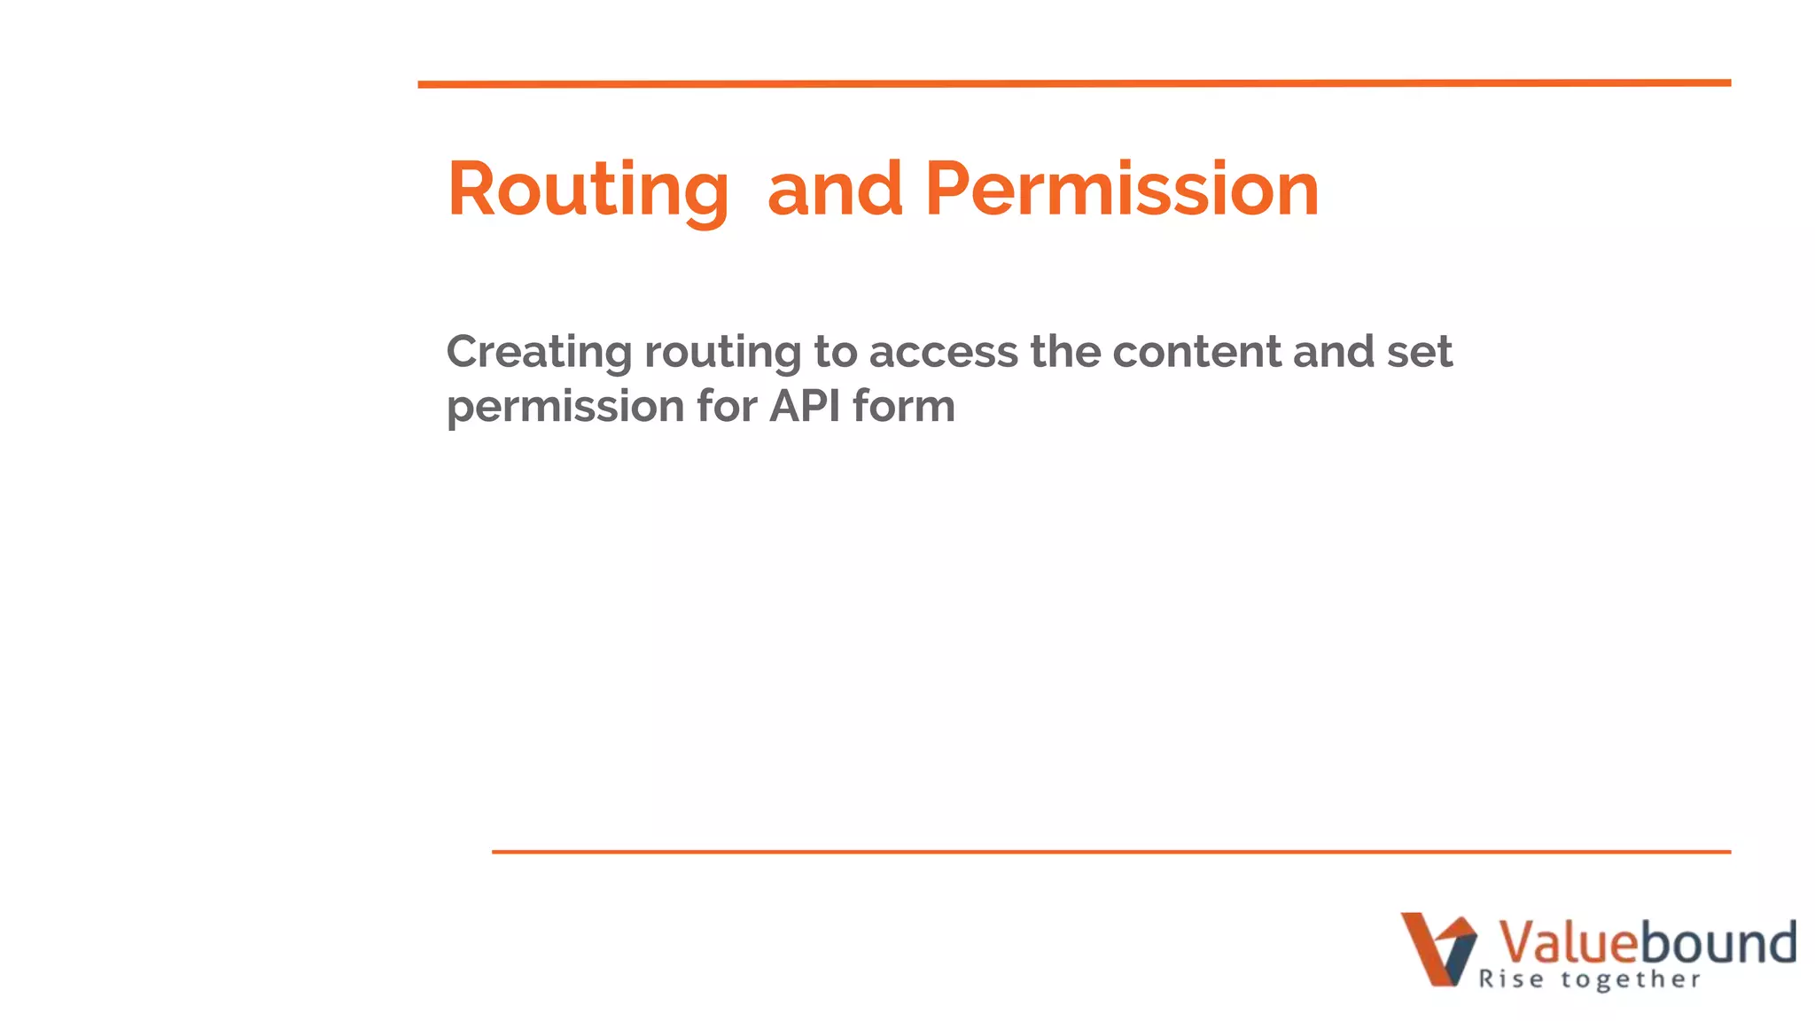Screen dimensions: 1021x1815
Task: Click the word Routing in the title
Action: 588,190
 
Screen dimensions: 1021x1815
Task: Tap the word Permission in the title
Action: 1122,190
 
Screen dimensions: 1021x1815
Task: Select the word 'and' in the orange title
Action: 835,190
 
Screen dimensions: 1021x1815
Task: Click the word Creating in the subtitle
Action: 539,352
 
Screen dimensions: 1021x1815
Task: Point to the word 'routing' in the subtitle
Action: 722,354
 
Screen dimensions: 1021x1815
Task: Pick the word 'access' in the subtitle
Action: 943,352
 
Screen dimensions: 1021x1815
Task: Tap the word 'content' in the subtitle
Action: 1196,352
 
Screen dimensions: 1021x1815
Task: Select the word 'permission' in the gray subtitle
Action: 565,408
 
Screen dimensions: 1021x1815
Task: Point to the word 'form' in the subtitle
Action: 904,406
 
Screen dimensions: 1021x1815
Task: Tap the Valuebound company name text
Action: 1647,941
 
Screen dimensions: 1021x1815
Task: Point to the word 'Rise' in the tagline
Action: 1511,979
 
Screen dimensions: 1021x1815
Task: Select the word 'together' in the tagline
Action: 1631,979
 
